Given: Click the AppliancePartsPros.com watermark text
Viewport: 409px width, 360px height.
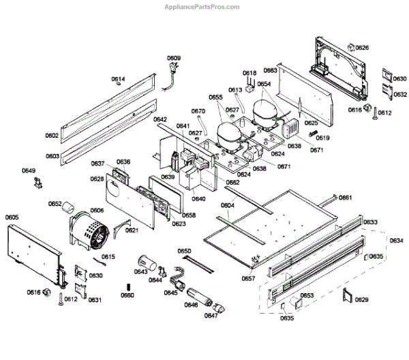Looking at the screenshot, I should [x=202, y=7].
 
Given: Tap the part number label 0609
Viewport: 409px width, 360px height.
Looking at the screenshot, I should [x=175, y=58].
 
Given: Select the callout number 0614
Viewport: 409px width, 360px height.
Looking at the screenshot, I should [x=119, y=79].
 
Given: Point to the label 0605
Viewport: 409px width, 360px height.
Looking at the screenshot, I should [x=12, y=217].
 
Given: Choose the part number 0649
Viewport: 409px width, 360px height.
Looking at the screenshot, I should [x=29, y=170].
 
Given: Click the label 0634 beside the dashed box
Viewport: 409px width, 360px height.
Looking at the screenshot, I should [x=396, y=240].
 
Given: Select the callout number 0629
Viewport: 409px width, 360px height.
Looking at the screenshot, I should [x=363, y=300].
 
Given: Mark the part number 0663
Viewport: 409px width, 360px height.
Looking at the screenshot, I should [x=271, y=70].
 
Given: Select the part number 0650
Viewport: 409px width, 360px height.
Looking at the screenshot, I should [x=185, y=252].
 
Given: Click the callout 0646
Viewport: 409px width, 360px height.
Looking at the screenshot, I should [x=191, y=304].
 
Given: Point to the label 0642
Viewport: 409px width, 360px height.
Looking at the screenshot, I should [x=160, y=119].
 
